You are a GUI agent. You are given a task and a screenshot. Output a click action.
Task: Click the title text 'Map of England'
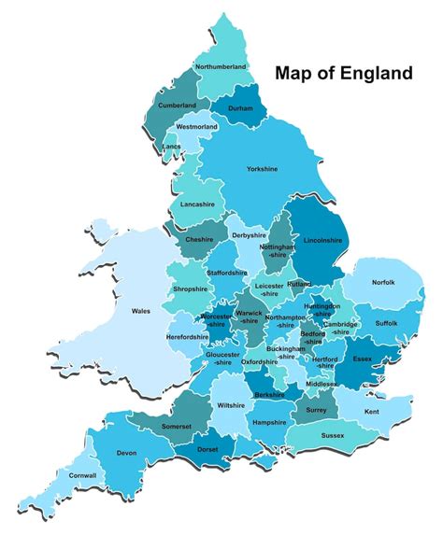[341, 72]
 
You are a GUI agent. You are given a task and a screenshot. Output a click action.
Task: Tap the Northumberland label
[221, 67]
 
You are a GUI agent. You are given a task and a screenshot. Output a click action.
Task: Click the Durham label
[240, 108]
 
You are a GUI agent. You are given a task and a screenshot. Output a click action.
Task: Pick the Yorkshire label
[262, 169]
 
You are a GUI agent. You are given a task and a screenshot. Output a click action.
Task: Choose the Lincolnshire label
[318, 240]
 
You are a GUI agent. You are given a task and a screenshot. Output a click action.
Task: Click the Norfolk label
[383, 282]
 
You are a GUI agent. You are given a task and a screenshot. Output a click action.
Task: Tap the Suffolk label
[386, 323]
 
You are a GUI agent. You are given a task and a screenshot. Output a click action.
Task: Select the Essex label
[363, 357]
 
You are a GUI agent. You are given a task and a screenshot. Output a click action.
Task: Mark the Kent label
[371, 412]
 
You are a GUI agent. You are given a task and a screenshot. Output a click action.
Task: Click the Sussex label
[332, 436]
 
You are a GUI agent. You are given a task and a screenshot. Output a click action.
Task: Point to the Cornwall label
[82, 474]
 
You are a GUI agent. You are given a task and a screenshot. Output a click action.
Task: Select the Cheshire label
[199, 239]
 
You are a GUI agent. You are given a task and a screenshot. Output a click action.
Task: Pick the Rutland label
[299, 283]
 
